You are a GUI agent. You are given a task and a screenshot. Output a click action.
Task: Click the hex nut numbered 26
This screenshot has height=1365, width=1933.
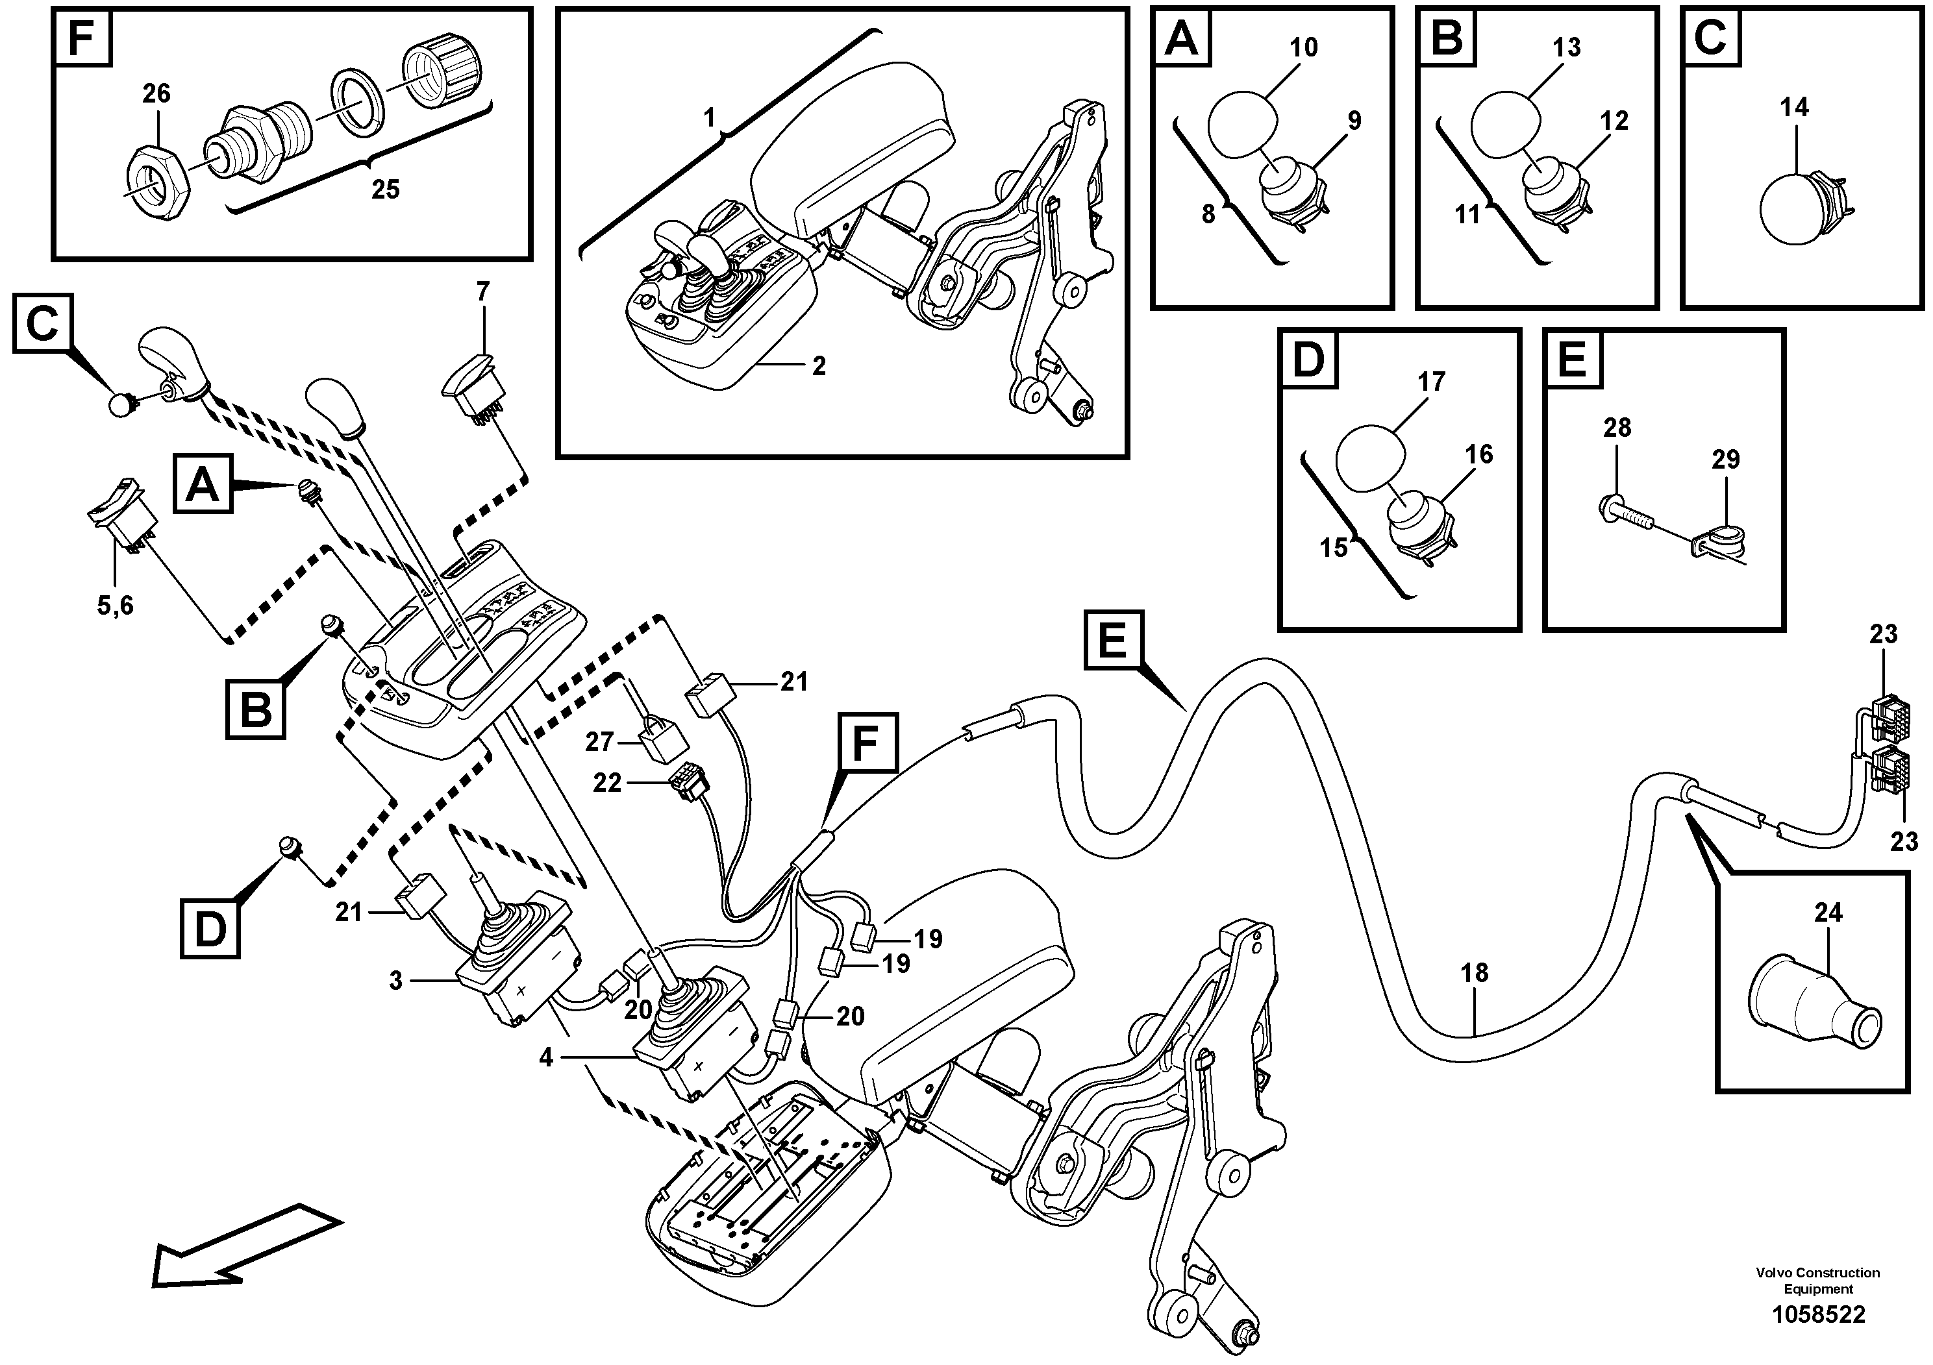[x=158, y=179]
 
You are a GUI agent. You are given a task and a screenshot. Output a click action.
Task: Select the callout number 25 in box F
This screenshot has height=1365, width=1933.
[x=386, y=190]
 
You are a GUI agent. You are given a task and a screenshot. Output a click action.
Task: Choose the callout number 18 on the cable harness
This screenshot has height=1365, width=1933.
[x=1474, y=974]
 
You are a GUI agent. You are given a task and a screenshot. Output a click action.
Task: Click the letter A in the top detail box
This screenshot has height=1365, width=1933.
[x=1182, y=39]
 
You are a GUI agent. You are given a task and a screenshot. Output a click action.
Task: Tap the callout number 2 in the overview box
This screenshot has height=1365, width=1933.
[x=818, y=366]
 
